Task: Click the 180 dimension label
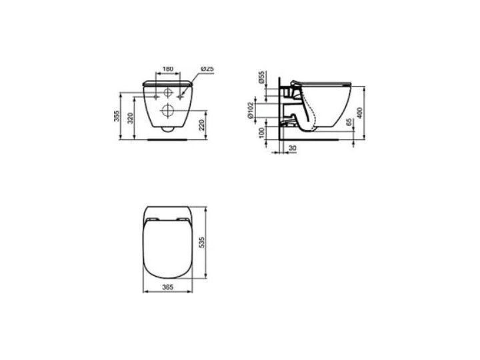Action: point(167,69)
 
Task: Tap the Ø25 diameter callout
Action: point(207,69)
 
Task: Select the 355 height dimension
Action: point(117,116)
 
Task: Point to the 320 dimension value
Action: point(131,118)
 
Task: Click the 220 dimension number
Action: point(202,125)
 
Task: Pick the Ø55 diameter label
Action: point(261,77)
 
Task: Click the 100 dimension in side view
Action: point(261,133)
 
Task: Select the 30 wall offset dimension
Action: point(293,148)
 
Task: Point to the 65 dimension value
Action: point(349,123)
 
